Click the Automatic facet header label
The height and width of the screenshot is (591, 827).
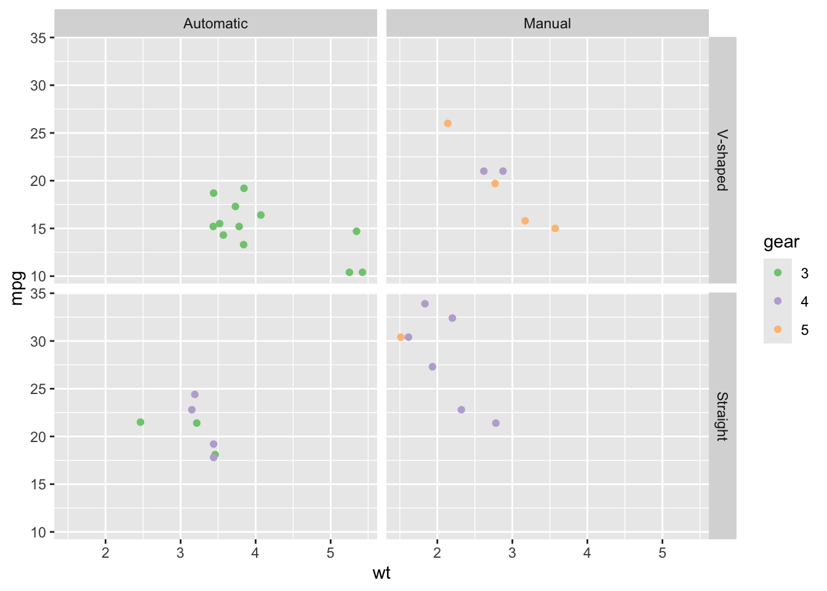215,23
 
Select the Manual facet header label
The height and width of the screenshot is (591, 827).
547,23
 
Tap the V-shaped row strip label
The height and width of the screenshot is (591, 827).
722,160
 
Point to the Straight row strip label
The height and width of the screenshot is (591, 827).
722,416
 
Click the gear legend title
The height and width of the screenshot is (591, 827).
781,242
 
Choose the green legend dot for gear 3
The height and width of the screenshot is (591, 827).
778,273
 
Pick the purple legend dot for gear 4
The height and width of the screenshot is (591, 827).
778,301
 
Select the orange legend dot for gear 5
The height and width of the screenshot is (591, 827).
778,329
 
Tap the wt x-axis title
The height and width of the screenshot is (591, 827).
382,574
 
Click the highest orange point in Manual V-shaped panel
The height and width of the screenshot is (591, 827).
447,123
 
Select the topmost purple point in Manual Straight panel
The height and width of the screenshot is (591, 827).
425,304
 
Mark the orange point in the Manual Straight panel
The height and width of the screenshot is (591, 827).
401,337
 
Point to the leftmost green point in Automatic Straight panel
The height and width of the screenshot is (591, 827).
140,422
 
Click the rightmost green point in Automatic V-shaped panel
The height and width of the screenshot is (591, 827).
362,272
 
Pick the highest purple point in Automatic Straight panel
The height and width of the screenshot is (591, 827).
194,394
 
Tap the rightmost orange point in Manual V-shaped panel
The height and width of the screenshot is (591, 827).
555,228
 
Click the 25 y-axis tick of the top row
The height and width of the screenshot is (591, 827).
38,133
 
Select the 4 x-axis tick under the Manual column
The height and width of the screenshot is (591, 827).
587,553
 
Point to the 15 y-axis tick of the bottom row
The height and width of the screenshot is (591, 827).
38,484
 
